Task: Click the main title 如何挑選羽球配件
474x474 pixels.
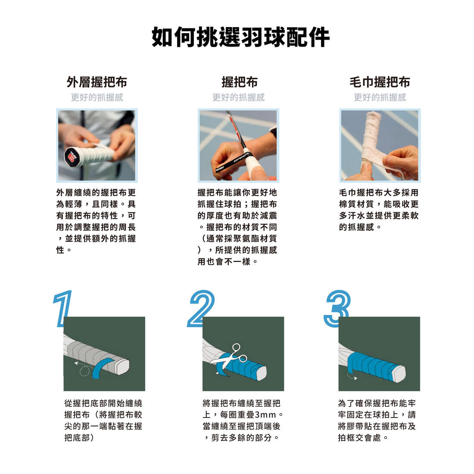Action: click(x=240, y=37)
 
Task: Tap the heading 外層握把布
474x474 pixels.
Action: click(x=97, y=82)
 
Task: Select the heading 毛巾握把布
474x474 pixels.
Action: click(x=380, y=82)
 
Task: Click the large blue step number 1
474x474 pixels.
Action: click(x=62, y=309)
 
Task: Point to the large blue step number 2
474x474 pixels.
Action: click(x=201, y=309)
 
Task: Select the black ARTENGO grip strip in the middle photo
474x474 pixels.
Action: click(x=231, y=163)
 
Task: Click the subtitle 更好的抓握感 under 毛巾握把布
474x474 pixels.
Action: click(x=380, y=97)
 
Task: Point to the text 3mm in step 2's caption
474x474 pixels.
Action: click(x=265, y=415)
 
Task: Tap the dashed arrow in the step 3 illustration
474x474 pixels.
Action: click(x=352, y=377)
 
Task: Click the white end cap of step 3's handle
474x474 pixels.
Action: click(x=399, y=374)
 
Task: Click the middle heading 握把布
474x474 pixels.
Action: click(x=240, y=82)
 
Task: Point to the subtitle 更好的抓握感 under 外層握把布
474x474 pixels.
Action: click(x=97, y=97)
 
